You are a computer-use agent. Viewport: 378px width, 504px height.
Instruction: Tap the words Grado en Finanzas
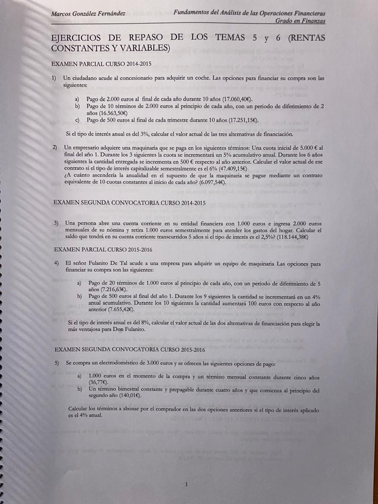tap(300, 21)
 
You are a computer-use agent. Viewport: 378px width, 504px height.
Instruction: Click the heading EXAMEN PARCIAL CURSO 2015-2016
tap(103, 249)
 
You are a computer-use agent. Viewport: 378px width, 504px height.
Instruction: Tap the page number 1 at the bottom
tap(187, 484)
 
